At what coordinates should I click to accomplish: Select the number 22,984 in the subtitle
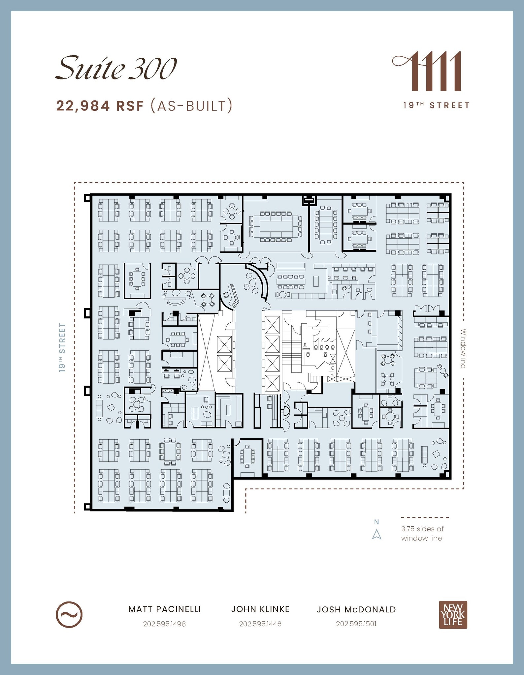click(83, 106)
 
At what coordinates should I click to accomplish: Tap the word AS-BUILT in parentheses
click(191, 106)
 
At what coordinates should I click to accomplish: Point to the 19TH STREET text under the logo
click(436, 105)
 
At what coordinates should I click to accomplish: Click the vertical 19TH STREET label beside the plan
click(62, 348)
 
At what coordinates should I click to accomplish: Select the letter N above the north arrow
click(377, 522)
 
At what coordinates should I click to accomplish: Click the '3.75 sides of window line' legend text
click(422, 534)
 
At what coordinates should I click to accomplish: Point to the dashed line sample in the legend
click(425, 517)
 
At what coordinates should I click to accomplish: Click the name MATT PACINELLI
click(164, 609)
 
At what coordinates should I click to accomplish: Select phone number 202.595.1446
click(260, 624)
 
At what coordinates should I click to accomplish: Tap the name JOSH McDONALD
click(356, 609)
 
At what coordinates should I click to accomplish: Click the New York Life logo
click(453, 615)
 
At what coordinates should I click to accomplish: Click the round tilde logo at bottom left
click(69, 615)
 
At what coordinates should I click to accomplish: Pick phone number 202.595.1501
click(356, 624)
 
